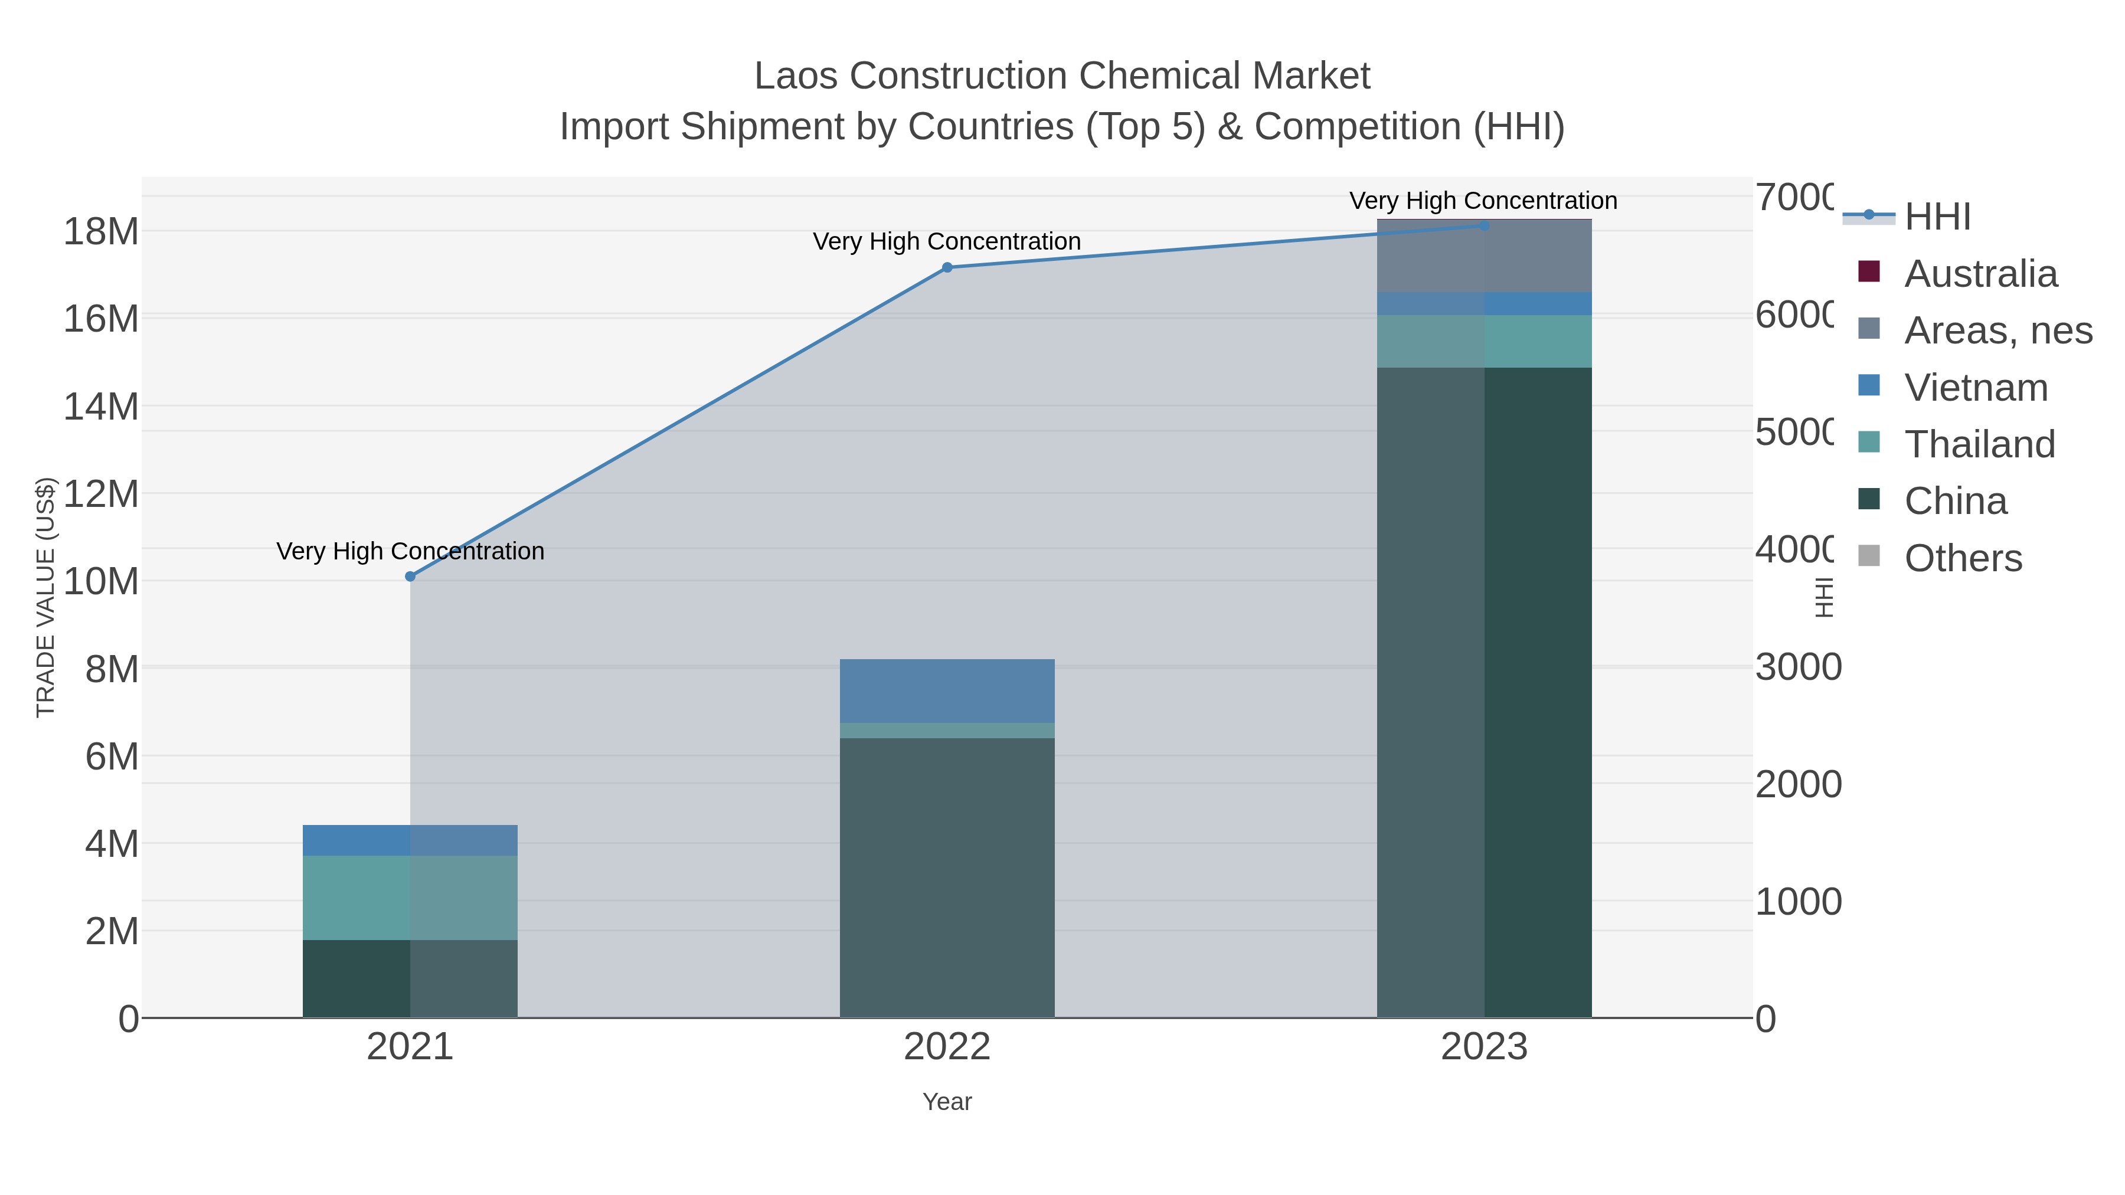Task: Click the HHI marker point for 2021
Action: tap(410, 577)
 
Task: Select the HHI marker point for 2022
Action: tap(947, 267)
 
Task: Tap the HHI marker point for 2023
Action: tap(1484, 225)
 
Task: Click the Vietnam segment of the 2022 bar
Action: tap(947, 691)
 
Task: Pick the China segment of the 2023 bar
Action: tap(1484, 693)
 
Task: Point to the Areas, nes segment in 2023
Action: tap(1484, 256)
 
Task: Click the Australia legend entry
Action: tap(1980, 274)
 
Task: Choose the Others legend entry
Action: tap(1963, 558)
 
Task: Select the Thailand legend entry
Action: tap(1979, 444)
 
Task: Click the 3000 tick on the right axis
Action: tap(1797, 667)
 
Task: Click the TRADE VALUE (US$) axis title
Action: tap(45, 597)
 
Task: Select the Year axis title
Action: tap(947, 1102)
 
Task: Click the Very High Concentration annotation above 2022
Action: tap(947, 241)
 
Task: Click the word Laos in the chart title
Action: tap(795, 76)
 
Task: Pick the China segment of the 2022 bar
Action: tap(947, 878)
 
